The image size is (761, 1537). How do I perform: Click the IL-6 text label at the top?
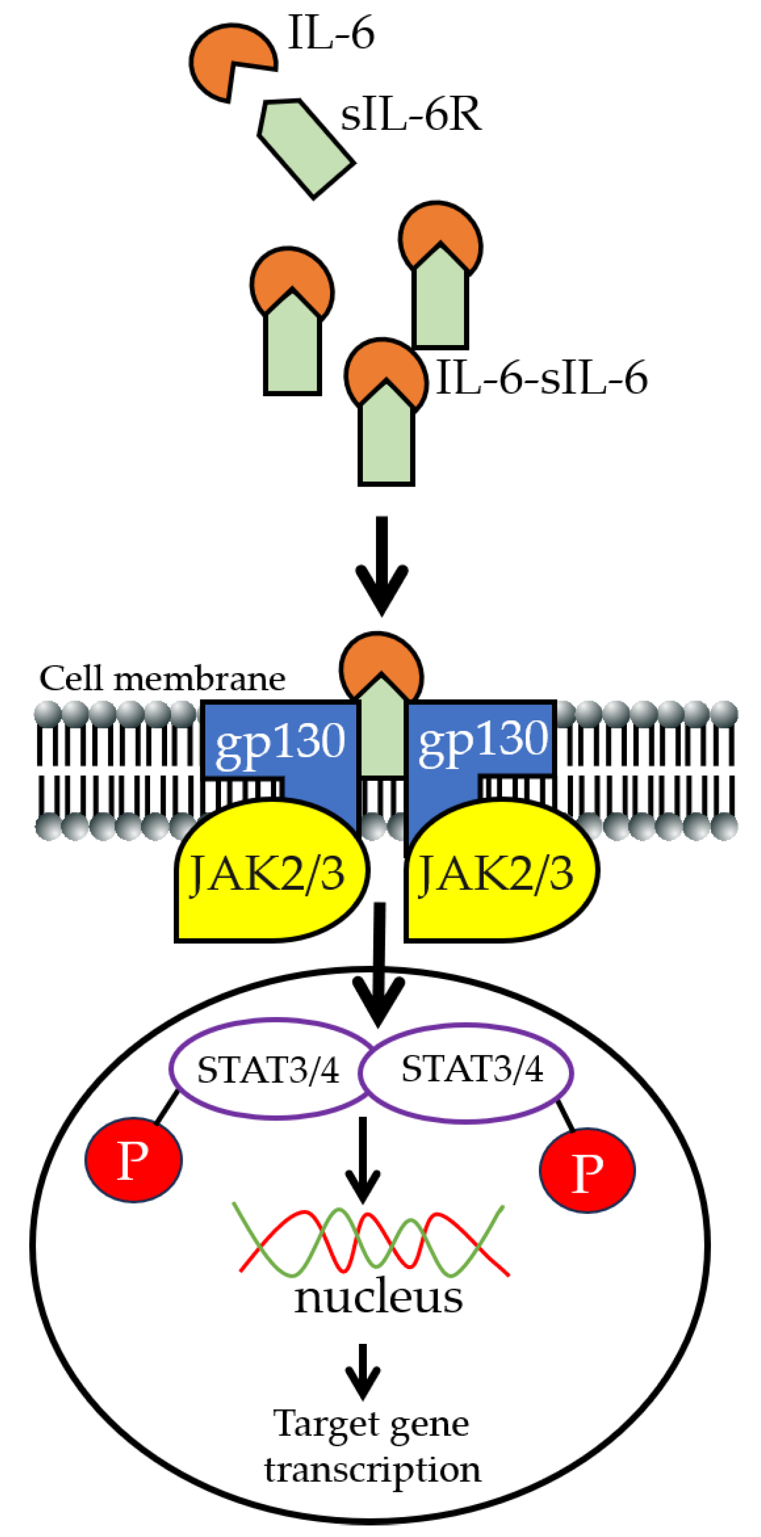331,33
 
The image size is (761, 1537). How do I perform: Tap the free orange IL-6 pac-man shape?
224,59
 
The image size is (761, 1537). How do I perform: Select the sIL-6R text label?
410,114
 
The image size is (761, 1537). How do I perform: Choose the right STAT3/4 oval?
471,1069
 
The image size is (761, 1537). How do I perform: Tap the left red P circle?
134,1160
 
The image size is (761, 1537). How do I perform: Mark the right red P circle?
587,1170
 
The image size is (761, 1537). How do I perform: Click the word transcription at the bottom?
373,1469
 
